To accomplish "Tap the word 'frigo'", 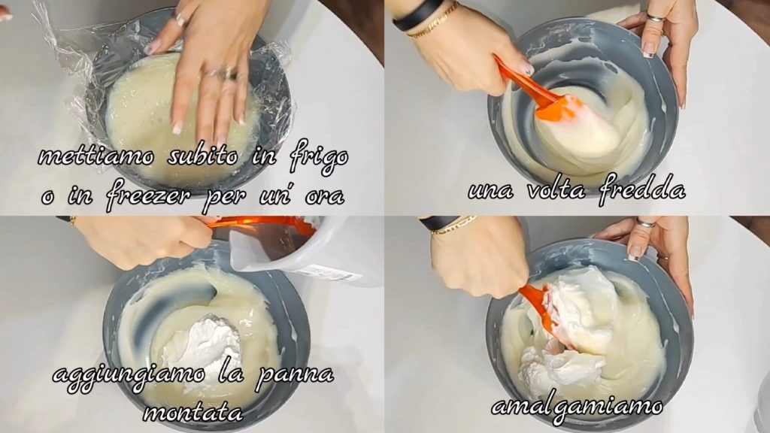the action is pyautogui.click(x=318, y=158).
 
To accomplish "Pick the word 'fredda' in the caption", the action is pyautogui.click(x=642, y=188).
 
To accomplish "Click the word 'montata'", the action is pyautogui.click(x=193, y=413).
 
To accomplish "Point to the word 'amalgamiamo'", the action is pyautogui.click(x=577, y=407).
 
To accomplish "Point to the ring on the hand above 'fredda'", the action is pyautogui.click(x=655, y=18).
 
